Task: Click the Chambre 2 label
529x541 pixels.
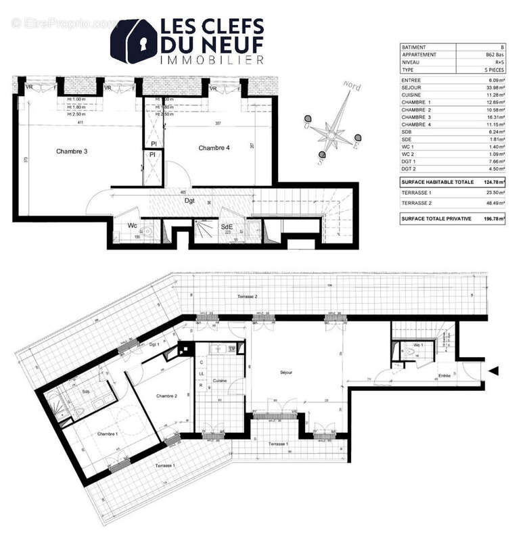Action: coord(166,396)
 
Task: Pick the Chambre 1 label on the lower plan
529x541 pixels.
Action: coord(107,433)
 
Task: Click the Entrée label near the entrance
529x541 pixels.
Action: coord(444,375)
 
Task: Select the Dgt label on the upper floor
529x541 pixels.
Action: coord(190,200)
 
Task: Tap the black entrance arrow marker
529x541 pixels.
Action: coord(494,371)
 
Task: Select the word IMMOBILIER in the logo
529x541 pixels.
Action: coord(211,61)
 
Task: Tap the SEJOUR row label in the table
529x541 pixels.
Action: coord(412,87)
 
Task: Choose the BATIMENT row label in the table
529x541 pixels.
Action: coord(415,47)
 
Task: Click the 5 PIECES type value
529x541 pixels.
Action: coord(497,70)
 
